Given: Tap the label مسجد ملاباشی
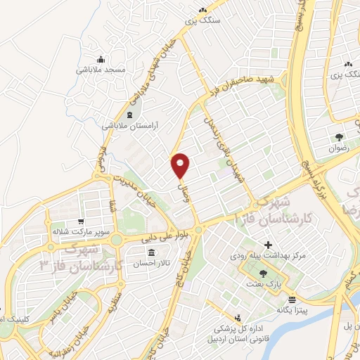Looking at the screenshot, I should pos(101,70).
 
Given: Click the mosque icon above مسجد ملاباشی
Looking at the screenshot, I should pos(101,59).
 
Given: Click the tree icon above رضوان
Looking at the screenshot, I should pos(340,136).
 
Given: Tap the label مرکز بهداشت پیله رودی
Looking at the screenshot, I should pos(258,256).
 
